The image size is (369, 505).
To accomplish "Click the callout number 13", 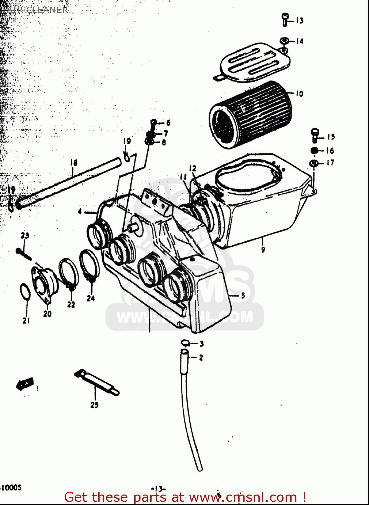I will pyautogui.click(x=299, y=21).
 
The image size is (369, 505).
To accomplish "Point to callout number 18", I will pyautogui.click(x=73, y=163).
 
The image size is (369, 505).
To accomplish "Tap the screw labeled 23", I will pyautogui.click(x=24, y=254).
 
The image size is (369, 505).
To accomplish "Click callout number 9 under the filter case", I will pyautogui.click(x=263, y=249).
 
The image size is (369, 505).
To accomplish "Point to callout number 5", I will pyautogui.click(x=243, y=296).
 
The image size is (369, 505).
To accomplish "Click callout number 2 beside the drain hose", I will pyautogui.click(x=201, y=357).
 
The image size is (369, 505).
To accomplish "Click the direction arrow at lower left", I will pyautogui.click(x=25, y=383).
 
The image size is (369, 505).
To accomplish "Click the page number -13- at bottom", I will pyautogui.click(x=159, y=489).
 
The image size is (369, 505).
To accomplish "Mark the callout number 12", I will pyautogui.click(x=192, y=168).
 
